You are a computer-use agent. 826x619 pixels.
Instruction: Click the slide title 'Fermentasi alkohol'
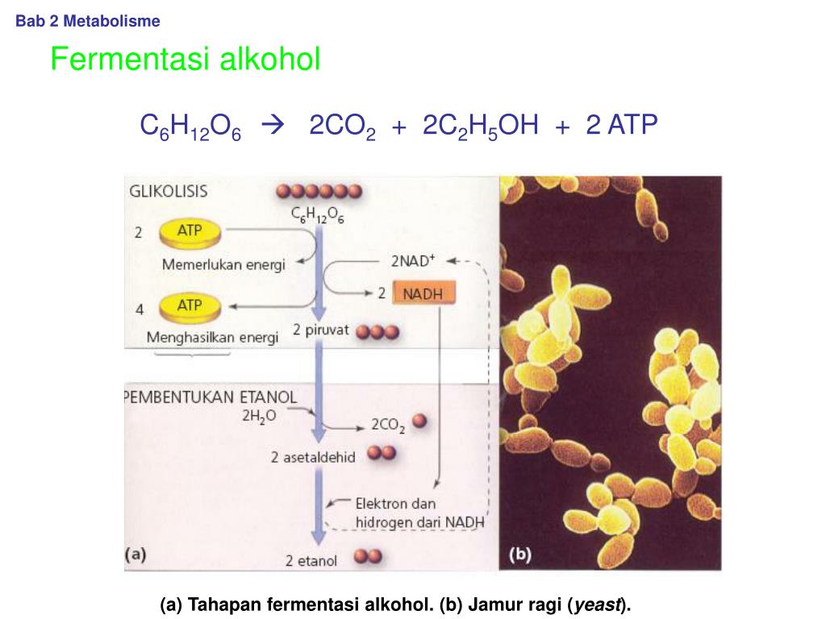coord(186,59)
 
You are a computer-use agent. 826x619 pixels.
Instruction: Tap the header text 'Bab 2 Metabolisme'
coord(88,22)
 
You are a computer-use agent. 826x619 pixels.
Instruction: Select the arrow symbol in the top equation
coord(274,126)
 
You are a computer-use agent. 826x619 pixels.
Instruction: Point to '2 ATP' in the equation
coord(622,125)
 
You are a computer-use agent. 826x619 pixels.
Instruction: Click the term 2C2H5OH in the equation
coord(480,127)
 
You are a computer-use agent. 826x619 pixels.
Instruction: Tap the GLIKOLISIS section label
coord(169,192)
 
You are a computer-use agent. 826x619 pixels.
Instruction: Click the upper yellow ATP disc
coord(190,234)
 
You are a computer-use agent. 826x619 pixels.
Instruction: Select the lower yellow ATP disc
coord(190,307)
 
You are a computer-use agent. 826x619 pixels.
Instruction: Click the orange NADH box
coord(423,293)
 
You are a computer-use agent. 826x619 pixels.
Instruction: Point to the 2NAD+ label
coord(413,260)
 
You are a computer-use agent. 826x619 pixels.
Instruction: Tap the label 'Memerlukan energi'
coord(223,264)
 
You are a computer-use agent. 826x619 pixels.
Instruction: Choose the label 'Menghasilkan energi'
coord(212,338)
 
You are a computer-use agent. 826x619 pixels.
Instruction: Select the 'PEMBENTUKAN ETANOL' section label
coord(210,397)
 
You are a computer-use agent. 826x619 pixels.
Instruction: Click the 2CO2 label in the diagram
coord(388,424)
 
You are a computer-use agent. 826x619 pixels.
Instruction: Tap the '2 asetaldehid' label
coord(313,457)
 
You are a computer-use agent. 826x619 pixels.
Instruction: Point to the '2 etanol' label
coord(311,559)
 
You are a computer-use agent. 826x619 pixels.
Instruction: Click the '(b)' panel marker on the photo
coord(520,555)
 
